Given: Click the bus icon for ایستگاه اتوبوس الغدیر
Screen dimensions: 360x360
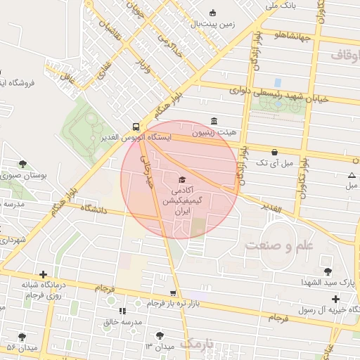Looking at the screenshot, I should click(x=134, y=127).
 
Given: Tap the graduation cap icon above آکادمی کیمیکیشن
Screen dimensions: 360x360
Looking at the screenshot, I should click(x=183, y=179).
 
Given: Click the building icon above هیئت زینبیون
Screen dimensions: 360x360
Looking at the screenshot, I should click(x=214, y=120).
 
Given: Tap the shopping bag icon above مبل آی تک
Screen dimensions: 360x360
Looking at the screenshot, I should click(x=274, y=151).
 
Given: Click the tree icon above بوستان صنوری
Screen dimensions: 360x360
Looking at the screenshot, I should click(x=22, y=164).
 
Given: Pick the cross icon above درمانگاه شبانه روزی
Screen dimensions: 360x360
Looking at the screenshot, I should click(x=44, y=274).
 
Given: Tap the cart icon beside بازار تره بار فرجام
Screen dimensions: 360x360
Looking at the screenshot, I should click(x=173, y=293).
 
